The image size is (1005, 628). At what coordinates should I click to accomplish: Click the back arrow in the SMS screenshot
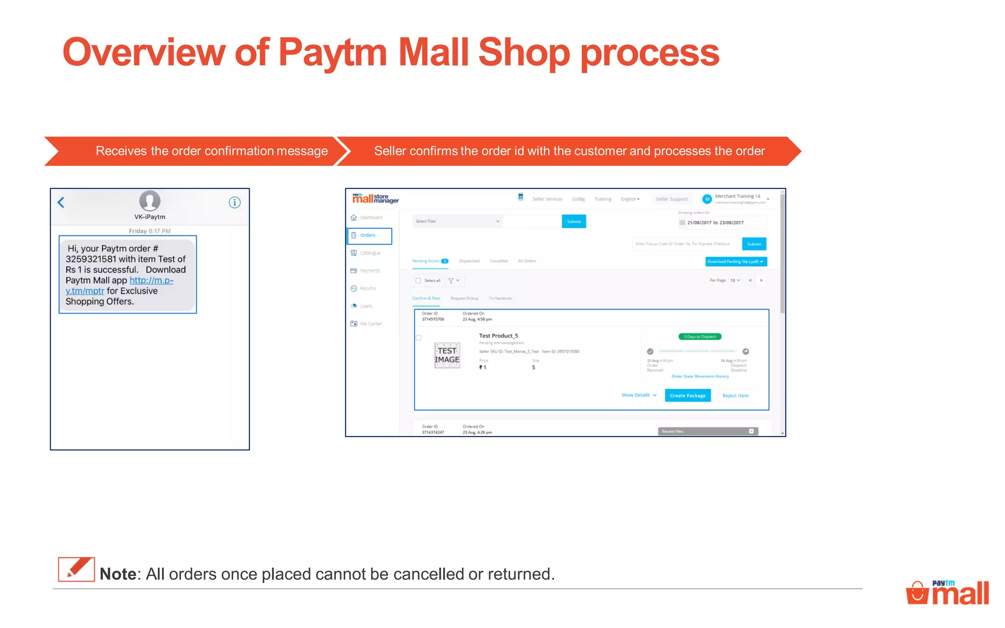61,202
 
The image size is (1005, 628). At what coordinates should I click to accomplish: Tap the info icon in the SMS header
235,202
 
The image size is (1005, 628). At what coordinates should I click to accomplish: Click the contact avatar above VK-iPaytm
150,201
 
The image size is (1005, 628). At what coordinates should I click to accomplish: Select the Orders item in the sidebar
369,235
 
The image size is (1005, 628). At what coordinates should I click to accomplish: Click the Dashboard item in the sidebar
370,217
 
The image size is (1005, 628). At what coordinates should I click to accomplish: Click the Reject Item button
735,395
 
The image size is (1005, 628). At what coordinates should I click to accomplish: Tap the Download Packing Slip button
736,262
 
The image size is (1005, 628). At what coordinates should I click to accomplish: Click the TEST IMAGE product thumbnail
447,355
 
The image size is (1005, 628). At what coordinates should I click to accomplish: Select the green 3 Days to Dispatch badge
700,337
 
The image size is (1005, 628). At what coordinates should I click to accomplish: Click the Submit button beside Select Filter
574,222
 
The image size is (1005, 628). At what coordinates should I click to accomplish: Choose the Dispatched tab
469,261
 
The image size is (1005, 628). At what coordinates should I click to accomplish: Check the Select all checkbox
419,281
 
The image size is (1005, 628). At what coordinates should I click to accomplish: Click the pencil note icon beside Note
76,569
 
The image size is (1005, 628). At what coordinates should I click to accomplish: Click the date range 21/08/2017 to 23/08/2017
715,223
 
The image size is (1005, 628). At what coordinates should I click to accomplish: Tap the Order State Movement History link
700,376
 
